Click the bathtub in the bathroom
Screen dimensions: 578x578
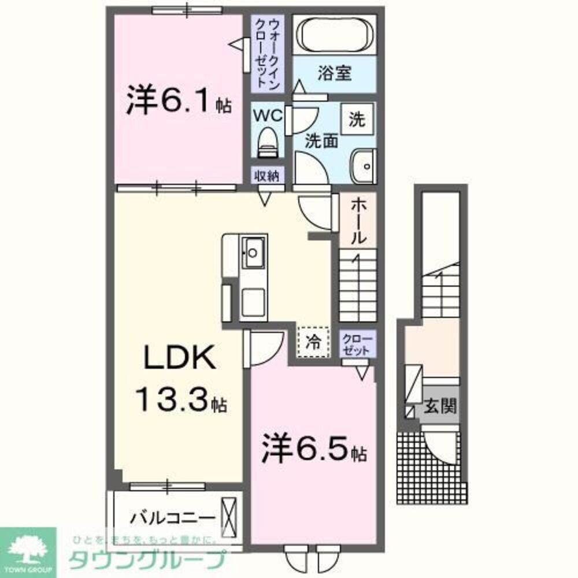click(335, 35)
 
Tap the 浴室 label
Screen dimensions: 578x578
click(335, 73)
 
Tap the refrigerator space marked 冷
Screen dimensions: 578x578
click(313, 342)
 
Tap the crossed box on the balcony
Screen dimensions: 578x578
click(229, 516)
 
